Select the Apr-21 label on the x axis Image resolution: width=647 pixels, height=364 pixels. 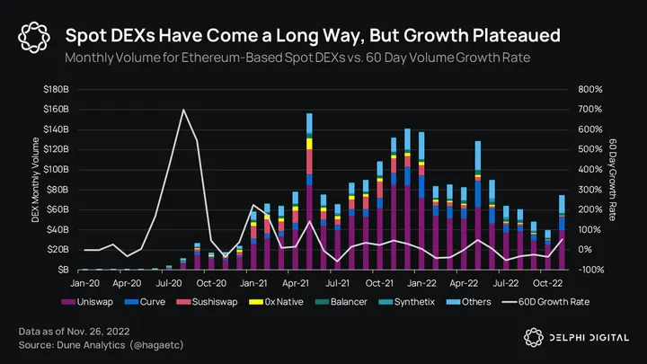tap(299, 281)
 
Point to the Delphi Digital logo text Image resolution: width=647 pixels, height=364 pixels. tap(585, 336)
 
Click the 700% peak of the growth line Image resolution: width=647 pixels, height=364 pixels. tap(183, 110)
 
